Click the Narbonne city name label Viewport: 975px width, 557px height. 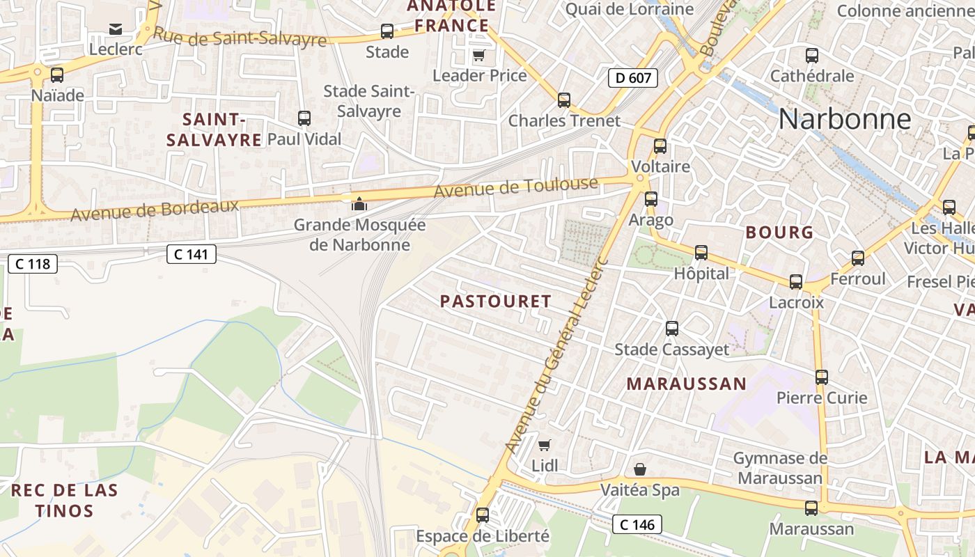(x=844, y=119)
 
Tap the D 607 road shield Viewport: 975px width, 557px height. (x=633, y=77)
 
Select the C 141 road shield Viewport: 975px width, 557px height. (x=192, y=255)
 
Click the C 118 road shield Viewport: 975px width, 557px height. (x=33, y=264)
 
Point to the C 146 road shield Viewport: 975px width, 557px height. (x=637, y=524)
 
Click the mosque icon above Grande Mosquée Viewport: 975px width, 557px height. (x=359, y=204)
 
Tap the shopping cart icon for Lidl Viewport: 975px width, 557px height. (x=545, y=445)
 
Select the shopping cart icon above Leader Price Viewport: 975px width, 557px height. (x=478, y=56)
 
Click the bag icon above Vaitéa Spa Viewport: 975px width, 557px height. (x=640, y=470)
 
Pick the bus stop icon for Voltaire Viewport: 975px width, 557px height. (x=660, y=146)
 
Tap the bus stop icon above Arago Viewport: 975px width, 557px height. (x=651, y=199)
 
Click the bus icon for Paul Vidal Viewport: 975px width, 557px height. (x=304, y=118)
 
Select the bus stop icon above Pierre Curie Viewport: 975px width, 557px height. (x=822, y=377)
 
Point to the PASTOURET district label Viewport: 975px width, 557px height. (x=496, y=301)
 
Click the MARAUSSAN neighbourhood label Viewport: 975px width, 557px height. (x=686, y=384)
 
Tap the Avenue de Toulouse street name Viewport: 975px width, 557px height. (x=515, y=187)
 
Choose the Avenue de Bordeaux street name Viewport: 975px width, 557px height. (x=155, y=210)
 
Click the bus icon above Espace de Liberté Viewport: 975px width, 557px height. (x=482, y=515)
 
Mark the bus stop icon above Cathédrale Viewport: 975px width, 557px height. (x=812, y=56)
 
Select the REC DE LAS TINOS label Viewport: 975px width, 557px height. (x=64, y=500)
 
